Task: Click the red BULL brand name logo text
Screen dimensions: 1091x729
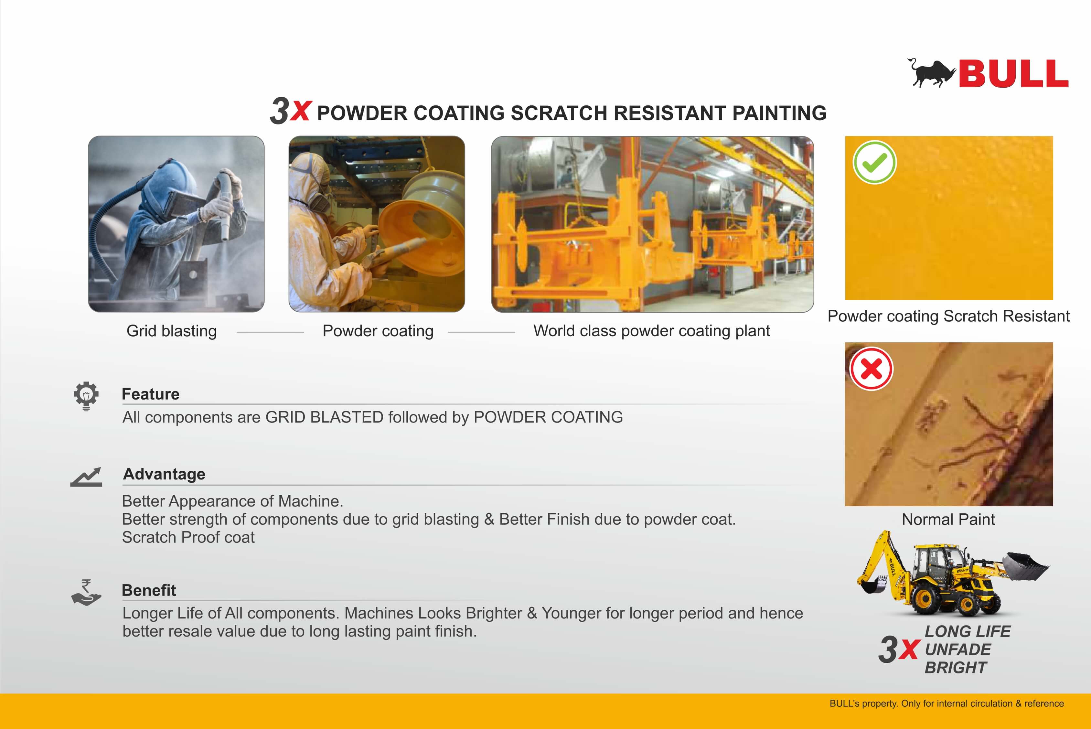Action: coord(1013,73)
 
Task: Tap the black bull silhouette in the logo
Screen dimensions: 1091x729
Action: coord(931,73)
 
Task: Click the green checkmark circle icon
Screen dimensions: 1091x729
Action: coord(874,162)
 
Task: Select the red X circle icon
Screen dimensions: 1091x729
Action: coord(871,369)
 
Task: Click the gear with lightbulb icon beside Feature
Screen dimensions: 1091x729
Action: coord(86,396)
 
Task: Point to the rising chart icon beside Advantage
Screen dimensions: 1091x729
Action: coord(86,477)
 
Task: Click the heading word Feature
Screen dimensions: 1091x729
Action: coord(151,394)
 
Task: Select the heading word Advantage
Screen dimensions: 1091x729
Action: coord(164,474)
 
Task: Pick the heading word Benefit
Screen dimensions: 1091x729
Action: coord(149,590)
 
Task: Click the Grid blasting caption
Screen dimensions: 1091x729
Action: coord(172,331)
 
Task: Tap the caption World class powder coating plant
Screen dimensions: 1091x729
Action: coord(651,331)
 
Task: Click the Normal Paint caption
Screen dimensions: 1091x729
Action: coord(948,519)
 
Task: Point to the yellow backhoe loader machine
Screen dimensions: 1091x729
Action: coord(953,574)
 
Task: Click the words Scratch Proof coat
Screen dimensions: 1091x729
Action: coord(188,537)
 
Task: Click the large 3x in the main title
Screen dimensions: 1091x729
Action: coord(290,111)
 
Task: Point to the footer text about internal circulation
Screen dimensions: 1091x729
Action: coord(947,703)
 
